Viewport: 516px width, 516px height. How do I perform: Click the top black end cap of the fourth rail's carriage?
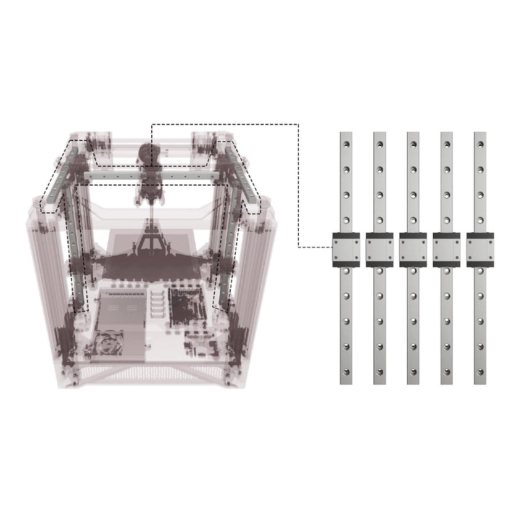pos(446,236)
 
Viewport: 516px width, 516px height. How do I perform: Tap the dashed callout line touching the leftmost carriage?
pos(315,248)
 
